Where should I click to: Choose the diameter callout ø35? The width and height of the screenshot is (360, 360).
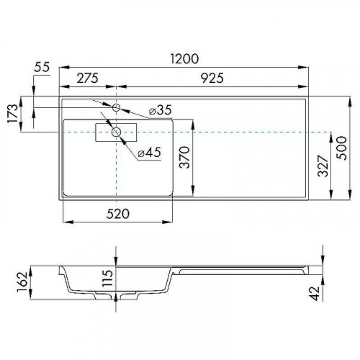tap(159, 110)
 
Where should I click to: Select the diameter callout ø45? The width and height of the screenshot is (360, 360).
tap(149, 152)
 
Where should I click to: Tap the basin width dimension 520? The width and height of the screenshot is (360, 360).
tap(117, 213)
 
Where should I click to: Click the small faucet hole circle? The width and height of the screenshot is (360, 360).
tap(116, 107)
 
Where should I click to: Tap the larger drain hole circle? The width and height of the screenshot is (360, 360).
tap(116, 132)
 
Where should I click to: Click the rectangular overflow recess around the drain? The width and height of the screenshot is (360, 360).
tap(101, 132)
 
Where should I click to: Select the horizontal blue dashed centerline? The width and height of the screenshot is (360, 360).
tap(245, 133)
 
